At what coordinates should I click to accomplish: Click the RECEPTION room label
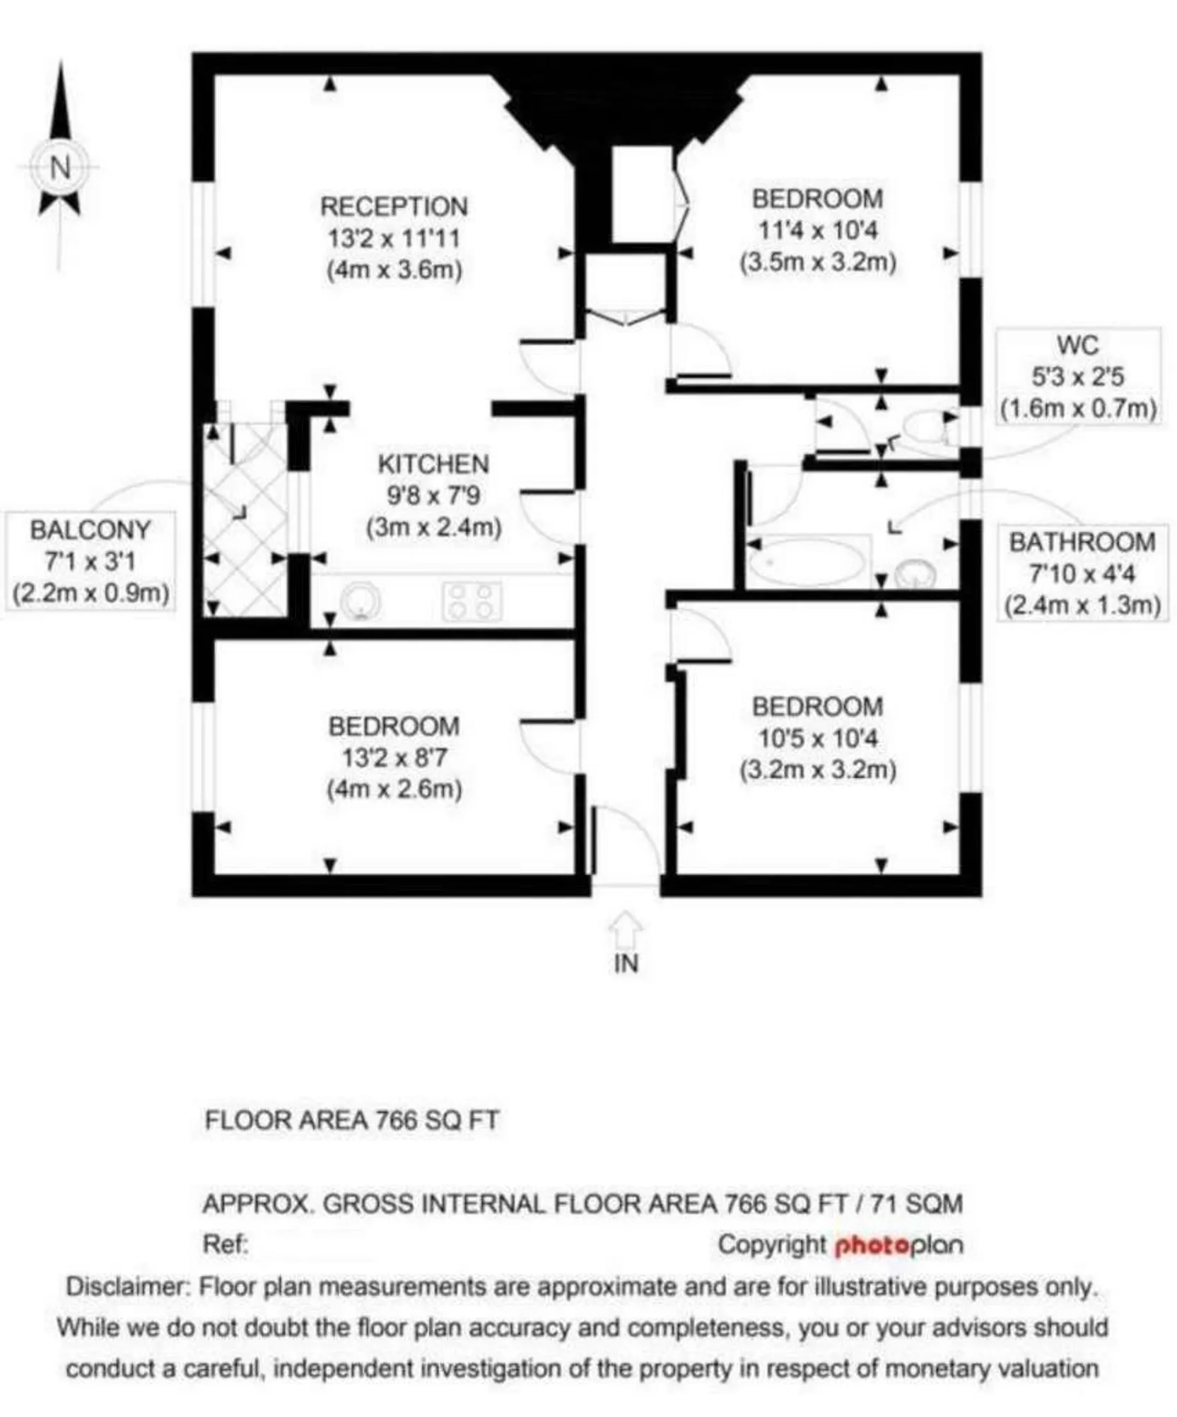click(394, 207)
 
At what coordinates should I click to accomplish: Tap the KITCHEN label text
click(433, 464)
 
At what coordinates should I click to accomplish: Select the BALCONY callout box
click(90, 561)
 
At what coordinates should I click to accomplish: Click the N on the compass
click(60, 168)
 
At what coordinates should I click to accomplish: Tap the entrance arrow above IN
click(626, 930)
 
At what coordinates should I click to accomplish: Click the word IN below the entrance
click(626, 964)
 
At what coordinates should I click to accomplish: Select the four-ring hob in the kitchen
click(472, 601)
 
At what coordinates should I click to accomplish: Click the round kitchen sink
click(361, 602)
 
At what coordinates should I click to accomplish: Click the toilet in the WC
click(927, 427)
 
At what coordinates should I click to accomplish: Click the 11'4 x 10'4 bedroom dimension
click(817, 230)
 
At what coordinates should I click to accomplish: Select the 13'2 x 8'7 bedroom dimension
click(394, 758)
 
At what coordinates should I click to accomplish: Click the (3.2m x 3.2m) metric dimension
click(818, 769)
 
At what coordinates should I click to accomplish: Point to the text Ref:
click(226, 1244)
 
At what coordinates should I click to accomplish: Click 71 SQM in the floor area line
click(916, 1203)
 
